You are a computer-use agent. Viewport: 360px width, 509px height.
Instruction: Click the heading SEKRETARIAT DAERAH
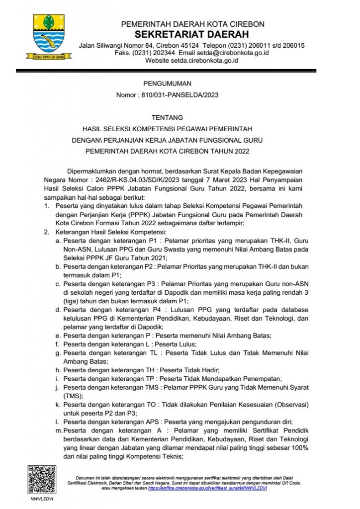pos(192,35)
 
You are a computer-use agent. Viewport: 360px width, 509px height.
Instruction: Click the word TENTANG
pos(167,118)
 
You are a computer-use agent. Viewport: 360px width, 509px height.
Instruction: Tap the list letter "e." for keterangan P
pos(58,336)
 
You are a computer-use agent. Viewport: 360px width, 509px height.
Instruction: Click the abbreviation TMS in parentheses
pos(74,396)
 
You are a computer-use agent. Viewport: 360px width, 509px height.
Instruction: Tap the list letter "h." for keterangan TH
pos(58,370)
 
